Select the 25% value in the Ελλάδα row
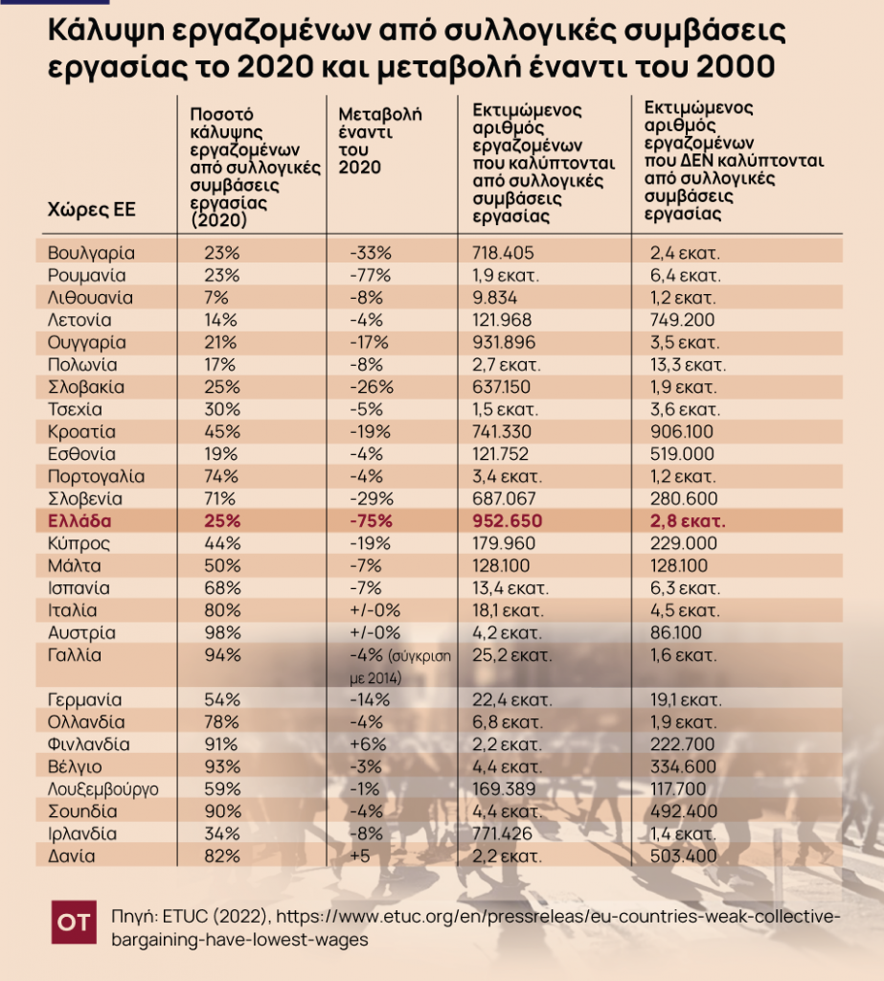click(221, 522)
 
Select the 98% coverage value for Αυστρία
click(222, 633)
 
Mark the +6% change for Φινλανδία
click(369, 744)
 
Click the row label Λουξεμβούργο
click(102, 789)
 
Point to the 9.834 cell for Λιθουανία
click(495, 298)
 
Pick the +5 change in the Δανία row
click(361, 856)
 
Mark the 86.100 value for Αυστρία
click(675, 633)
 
